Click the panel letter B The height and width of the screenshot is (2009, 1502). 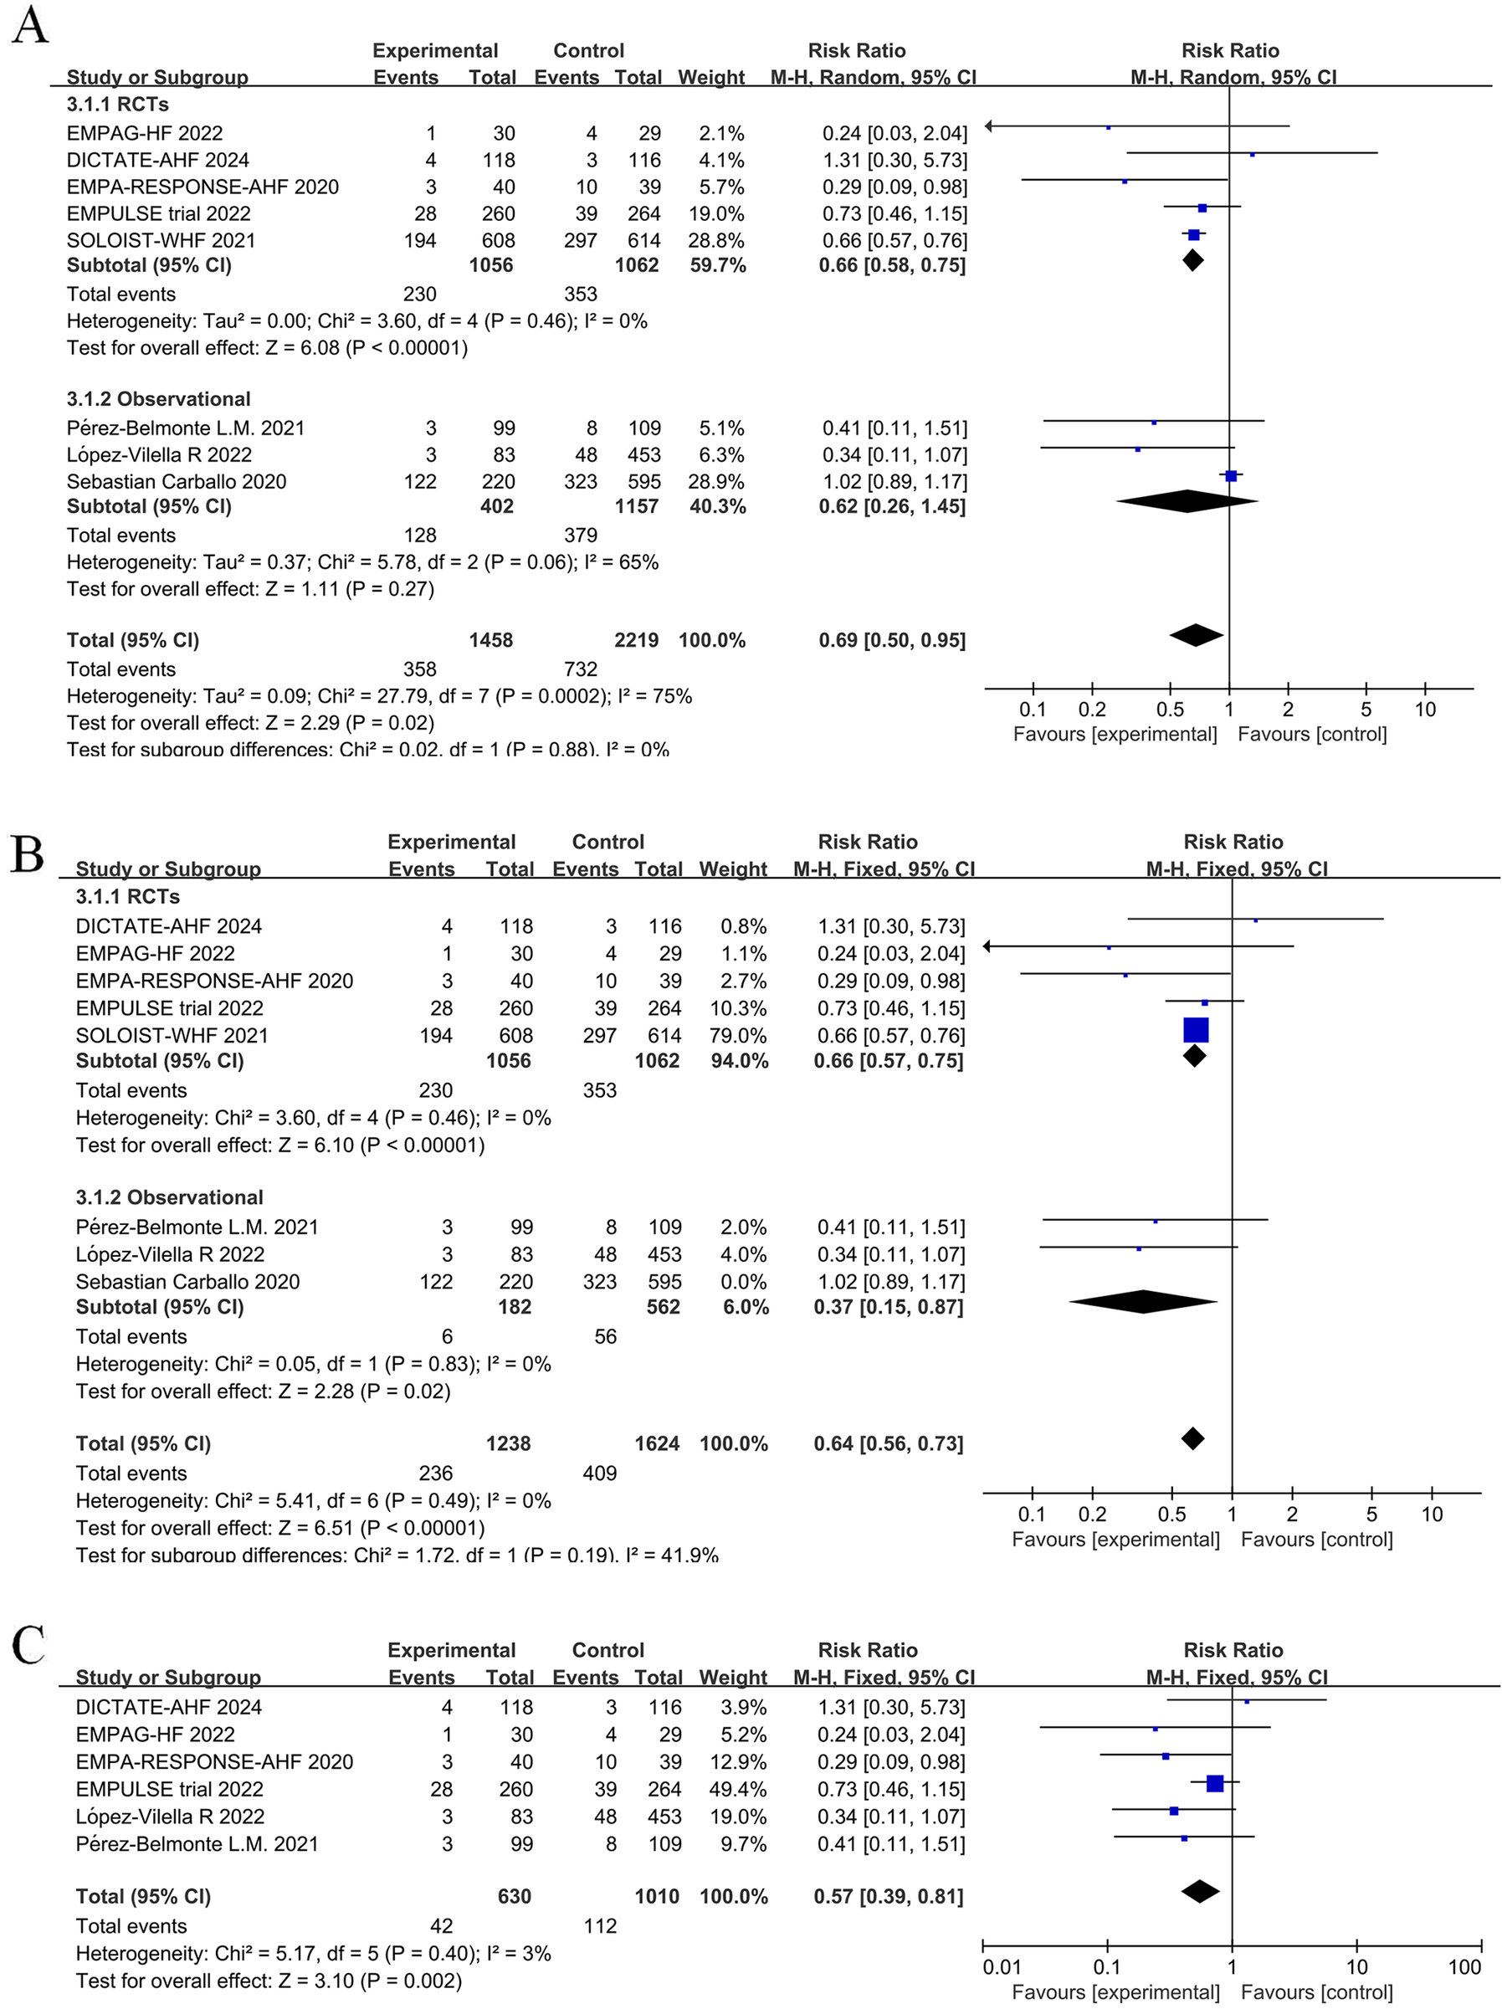pos(28,853)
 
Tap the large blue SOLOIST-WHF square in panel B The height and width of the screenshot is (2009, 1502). pos(1196,1030)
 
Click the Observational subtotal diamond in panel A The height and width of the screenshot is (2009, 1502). pos(1187,500)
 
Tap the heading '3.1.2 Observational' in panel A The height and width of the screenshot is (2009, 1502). pos(158,400)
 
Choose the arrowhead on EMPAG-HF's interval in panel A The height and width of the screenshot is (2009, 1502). pos(990,126)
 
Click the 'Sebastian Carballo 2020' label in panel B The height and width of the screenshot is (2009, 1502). pos(187,1282)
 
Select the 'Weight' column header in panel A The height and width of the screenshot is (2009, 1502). pos(711,77)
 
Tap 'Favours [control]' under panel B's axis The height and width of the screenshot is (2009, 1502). pos(1316,1540)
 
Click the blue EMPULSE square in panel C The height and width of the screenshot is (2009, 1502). pos(1215,1784)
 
